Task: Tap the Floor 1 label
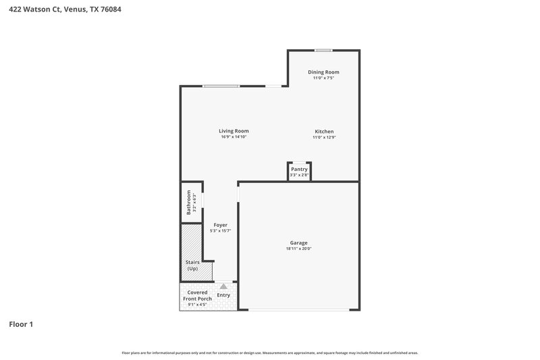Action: [x=21, y=324]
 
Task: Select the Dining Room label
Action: [x=323, y=72]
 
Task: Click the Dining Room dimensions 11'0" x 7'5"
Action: [x=323, y=78]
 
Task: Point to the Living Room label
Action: [x=234, y=131]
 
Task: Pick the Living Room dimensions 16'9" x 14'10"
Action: [x=234, y=137]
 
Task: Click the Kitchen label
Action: [x=323, y=131]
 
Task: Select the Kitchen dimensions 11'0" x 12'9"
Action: [x=323, y=137]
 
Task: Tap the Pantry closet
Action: [x=300, y=172]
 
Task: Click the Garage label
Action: [x=298, y=242]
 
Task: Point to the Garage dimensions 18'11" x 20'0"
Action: [x=298, y=249]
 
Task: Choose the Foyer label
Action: [x=221, y=224]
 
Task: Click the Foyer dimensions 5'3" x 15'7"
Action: [x=221, y=230]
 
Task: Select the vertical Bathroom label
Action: [x=189, y=201]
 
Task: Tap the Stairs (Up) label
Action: [x=192, y=265]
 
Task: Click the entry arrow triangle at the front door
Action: [x=223, y=286]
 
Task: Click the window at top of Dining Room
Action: [x=323, y=50]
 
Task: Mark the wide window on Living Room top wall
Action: [x=221, y=86]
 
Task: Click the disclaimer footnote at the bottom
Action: [x=270, y=353]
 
